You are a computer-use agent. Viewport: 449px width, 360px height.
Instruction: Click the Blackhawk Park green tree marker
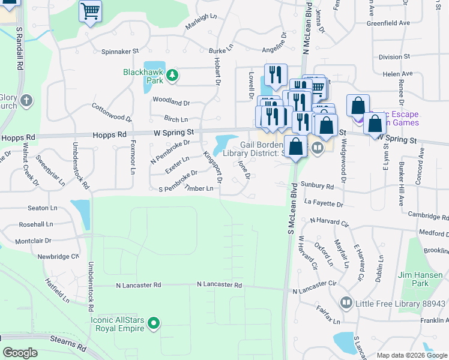172,75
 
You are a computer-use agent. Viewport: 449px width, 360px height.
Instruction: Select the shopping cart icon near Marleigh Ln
90,11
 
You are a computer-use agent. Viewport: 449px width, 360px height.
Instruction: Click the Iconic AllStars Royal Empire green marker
154,324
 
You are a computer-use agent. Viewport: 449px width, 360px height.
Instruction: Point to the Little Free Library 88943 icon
346,303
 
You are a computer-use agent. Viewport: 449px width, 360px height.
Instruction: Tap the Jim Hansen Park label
421,279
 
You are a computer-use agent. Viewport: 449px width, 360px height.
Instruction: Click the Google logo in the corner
20,353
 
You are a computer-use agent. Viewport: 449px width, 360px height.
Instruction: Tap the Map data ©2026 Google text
412,355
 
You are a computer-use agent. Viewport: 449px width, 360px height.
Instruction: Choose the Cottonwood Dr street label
111,112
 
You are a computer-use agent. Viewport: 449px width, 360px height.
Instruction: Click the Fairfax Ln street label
328,314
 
